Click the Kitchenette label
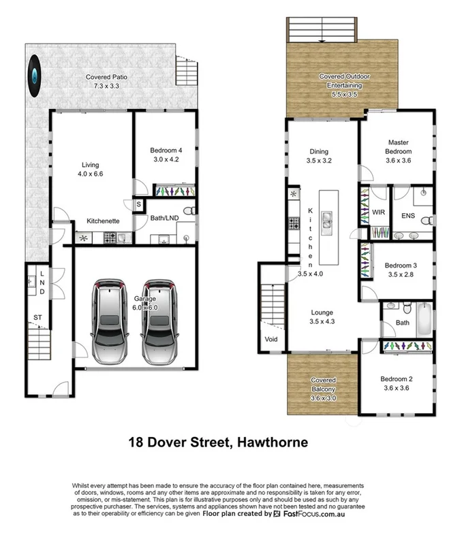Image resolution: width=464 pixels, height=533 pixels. [x=103, y=221]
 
